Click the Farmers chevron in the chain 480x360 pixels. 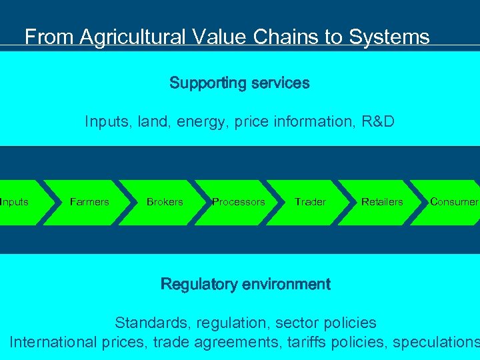[89, 202]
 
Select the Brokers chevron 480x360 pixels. [165, 202]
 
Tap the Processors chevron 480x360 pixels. [238, 202]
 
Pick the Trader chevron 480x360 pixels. [310, 202]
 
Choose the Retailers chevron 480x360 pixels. [382, 202]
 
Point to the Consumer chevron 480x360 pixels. [453, 202]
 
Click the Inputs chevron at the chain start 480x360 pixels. [16, 202]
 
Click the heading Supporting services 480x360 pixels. [239, 83]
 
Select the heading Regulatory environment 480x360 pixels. [245, 284]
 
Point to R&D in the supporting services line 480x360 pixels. [377, 122]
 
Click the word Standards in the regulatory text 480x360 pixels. [152, 323]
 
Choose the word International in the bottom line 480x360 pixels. [53, 343]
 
